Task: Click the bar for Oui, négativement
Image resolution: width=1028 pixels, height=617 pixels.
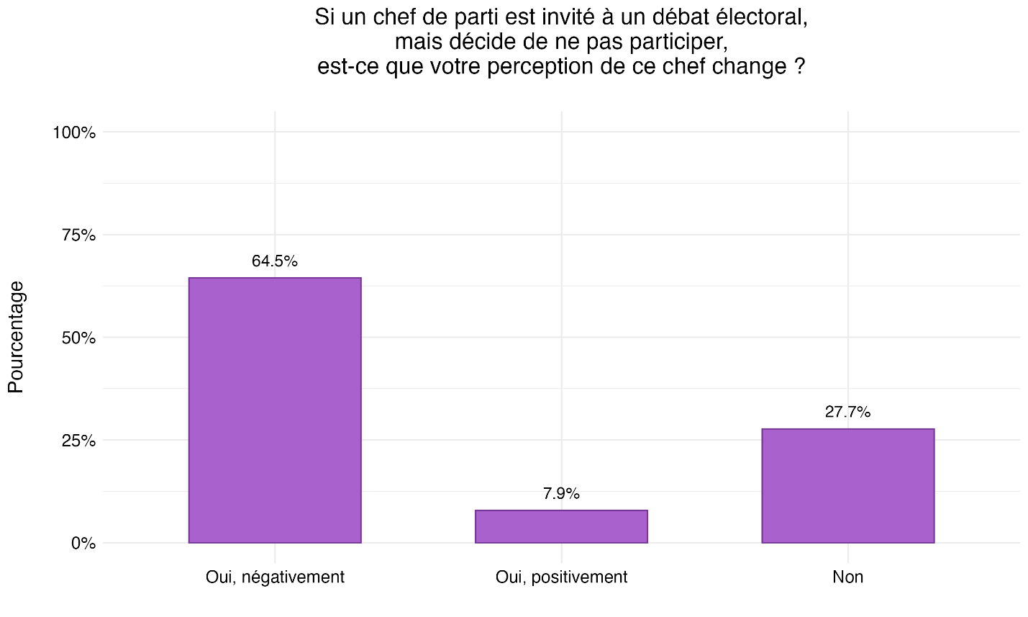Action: [x=274, y=410]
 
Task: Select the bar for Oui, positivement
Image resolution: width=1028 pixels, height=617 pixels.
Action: [x=561, y=526]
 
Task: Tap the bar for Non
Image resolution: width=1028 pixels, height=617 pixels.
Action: [x=847, y=486]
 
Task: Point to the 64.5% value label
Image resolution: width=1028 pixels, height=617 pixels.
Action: [x=274, y=261]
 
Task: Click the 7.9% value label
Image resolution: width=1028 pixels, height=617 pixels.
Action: [x=561, y=494]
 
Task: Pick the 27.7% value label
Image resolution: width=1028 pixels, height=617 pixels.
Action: [x=847, y=413]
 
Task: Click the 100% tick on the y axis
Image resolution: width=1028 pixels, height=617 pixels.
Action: [x=74, y=132]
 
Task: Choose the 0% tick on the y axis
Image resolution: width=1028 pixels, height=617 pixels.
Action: [x=83, y=544]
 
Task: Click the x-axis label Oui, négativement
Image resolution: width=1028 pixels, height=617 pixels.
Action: [x=274, y=577]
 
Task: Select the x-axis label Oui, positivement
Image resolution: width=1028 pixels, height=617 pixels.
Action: [x=561, y=577]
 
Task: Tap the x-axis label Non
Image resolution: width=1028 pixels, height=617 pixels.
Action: [x=847, y=577]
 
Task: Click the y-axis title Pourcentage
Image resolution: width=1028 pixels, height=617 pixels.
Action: [x=16, y=337]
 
